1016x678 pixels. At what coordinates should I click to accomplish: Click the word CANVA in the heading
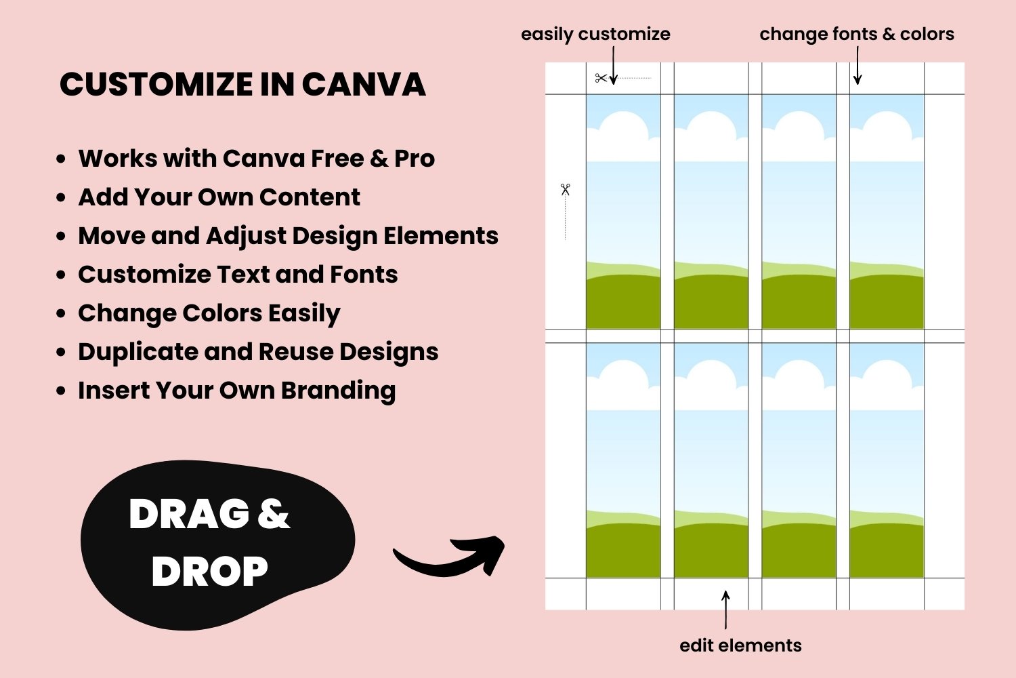tap(364, 85)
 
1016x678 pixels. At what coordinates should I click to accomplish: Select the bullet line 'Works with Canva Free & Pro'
tap(256, 159)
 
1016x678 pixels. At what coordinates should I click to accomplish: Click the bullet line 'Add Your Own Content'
tap(219, 197)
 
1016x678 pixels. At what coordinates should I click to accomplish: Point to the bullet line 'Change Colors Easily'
tap(209, 314)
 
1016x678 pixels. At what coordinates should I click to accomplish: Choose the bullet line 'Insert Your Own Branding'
tap(237, 391)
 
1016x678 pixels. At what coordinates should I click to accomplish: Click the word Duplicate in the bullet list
tap(137, 353)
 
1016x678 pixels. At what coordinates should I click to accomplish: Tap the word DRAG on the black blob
tap(190, 514)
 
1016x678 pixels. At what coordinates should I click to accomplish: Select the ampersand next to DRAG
tap(274, 514)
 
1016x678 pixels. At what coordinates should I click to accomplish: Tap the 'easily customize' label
tap(595, 35)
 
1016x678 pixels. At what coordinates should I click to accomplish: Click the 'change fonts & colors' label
tap(857, 34)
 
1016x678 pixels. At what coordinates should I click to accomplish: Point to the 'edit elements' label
tap(740, 645)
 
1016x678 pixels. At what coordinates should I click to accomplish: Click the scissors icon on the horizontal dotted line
tap(601, 78)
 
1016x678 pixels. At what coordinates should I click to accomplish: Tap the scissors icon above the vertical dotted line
tap(565, 189)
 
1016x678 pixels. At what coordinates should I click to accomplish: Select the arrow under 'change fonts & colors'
tap(858, 65)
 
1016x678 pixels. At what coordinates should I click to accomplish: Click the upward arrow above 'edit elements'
tap(725, 610)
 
